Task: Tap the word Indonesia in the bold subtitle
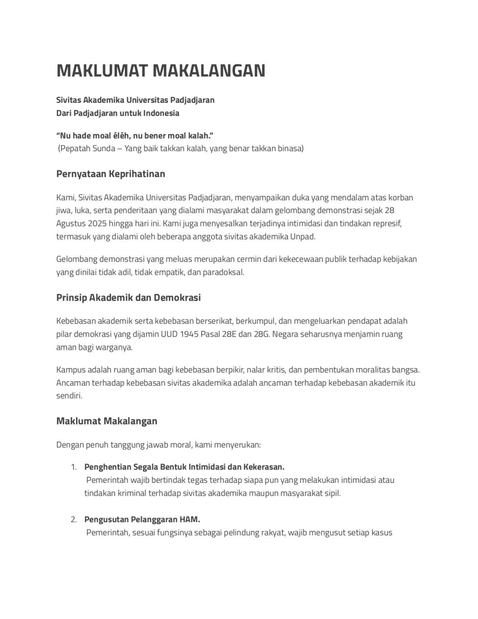(161, 113)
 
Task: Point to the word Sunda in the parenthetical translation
(104, 149)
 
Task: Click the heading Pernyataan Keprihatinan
(111, 174)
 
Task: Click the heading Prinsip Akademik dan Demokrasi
(128, 298)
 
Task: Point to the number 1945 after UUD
(189, 334)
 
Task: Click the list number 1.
(73, 467)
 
